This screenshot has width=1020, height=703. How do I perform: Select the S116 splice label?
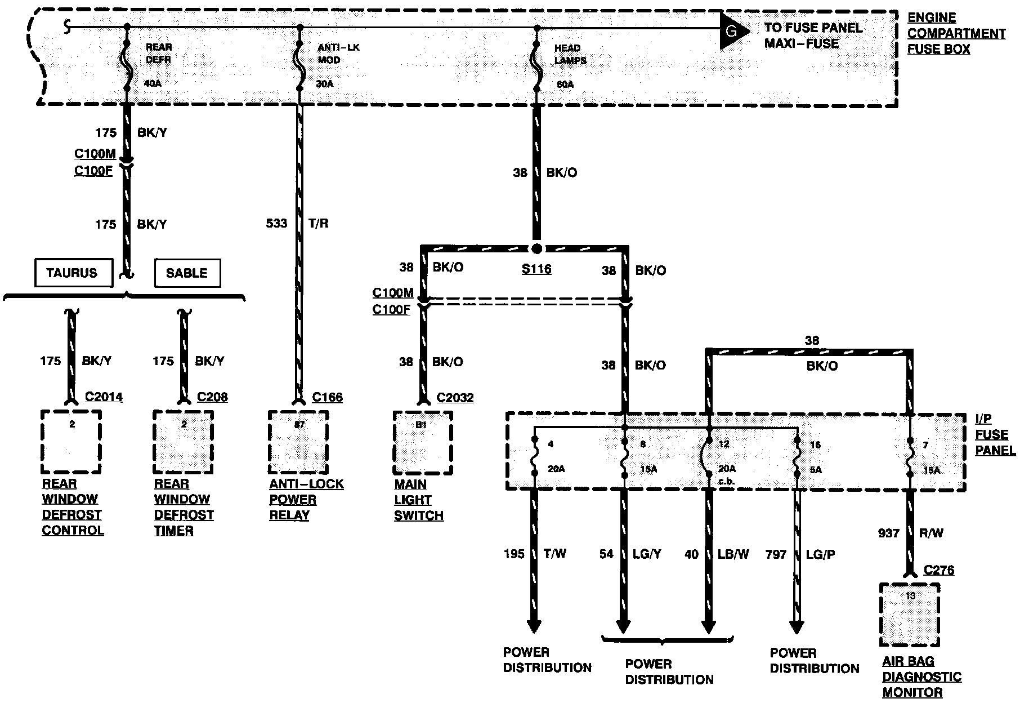(x=536, y=269)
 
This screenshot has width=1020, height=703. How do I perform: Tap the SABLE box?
(x=187, y=273)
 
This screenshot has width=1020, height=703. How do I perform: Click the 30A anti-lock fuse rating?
(x=325, y=84)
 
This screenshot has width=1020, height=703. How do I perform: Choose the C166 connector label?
(x=327, y=398)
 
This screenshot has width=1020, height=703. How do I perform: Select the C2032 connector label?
(x=455, y=398)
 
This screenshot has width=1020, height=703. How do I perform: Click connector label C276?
(x=939, y=570)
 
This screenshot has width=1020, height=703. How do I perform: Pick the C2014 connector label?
(x=104, y=397)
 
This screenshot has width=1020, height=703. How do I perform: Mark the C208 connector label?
(x=212, y=397)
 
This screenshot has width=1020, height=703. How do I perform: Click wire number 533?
(x=276, y=224)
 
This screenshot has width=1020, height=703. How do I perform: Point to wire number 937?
(x=889, y=533)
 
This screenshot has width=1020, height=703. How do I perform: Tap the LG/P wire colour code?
(x=820, y=554)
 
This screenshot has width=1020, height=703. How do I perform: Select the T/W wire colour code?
(x=555, y=554)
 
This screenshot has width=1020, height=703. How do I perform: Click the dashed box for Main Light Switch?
(x=423, y=443)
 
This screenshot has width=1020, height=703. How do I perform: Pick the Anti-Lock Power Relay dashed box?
(x=298, y=443)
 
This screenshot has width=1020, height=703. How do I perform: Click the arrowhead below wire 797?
(x=797, y=627)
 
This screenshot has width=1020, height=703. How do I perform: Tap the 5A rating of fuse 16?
(x=815, y=469)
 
